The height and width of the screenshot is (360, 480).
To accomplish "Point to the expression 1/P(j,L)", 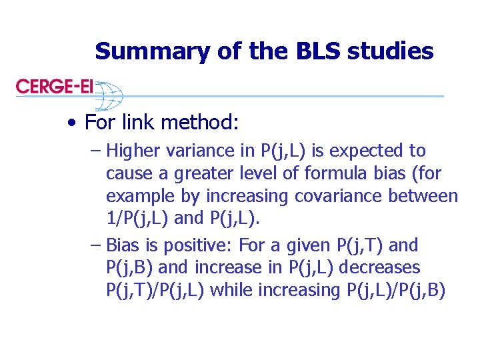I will pos(137,219).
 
